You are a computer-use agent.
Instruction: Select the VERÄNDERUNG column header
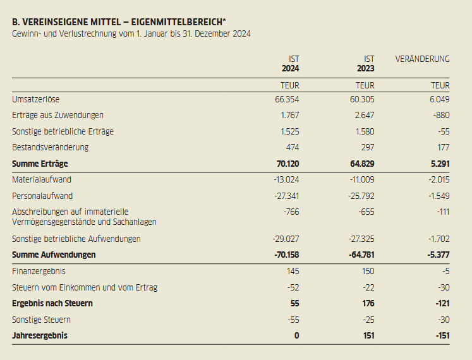pos(422,59)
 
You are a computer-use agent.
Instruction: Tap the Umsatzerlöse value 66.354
pos(287,100)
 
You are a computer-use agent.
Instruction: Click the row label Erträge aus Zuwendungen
pos(57,116)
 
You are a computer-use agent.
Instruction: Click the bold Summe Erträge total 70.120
pos(287,164)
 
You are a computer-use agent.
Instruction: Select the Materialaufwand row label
pos(42,180)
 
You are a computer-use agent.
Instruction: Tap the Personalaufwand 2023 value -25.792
pos(361,196)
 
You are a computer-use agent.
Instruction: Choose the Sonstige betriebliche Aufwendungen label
pos(76,239)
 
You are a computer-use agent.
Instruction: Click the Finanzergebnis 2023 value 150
pos(366,271)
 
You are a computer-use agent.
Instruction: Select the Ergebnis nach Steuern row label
pos(52,304)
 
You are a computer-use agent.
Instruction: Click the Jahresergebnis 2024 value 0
pos(296,336)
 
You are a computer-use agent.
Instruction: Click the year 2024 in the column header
pos(291,68)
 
